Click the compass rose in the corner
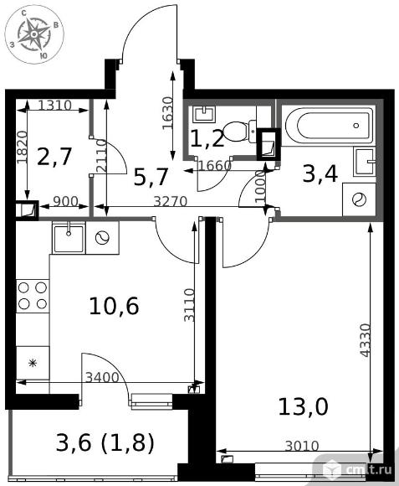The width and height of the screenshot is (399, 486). [34, 34]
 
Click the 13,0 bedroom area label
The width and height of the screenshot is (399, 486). [303, 406]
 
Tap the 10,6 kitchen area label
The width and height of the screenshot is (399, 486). [114, 306]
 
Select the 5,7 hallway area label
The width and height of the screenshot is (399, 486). [151, 178]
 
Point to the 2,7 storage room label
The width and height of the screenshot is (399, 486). [54, 157]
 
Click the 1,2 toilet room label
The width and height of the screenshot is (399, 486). [207, 138]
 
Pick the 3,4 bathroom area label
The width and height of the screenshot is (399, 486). [320, 174]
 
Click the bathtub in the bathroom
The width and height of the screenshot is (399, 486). [329, 125]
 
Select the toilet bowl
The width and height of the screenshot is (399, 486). [240, 132]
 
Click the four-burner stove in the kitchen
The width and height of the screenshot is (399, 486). [33, 296]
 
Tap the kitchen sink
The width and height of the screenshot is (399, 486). [69, 238]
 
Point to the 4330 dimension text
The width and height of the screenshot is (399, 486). [366, 340]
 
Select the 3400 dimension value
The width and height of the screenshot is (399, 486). [102, 378]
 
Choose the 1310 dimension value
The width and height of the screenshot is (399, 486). [55, 106]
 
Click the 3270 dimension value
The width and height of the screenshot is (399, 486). [171, 202]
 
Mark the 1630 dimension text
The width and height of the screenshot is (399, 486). [167, 113]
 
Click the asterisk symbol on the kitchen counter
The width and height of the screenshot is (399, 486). [33, 363]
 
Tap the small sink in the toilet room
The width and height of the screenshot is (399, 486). [204, 114]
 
